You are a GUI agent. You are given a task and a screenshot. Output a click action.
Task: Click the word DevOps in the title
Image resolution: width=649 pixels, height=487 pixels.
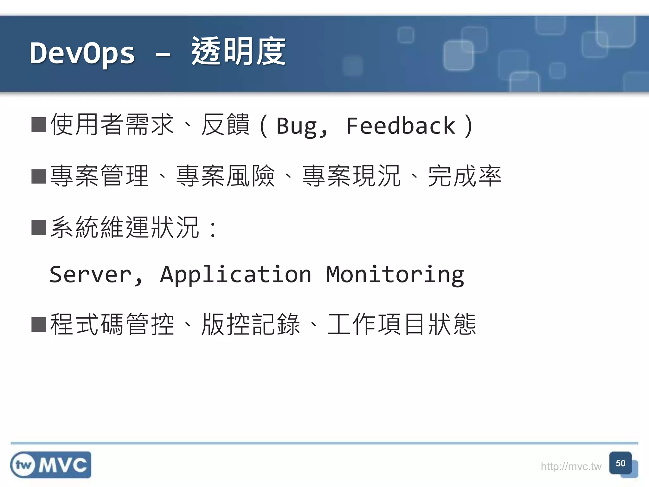[x=82, y=53]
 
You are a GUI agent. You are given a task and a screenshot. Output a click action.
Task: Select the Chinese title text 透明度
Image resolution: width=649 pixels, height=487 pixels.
[x=238, y=51]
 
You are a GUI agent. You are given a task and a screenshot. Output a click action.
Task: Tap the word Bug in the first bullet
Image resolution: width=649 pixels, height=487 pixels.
[x=297, y=126]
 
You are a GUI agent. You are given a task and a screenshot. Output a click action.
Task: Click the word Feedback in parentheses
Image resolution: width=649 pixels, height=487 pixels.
[x=401, y=126]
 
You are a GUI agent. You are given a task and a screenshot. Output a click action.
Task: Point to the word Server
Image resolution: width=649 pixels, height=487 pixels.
[x=90, y=274]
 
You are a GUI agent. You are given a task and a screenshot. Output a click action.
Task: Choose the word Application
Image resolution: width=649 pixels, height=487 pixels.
[x=236, y=275]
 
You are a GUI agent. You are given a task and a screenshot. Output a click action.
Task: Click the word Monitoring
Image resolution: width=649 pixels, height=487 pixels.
[x=395, y=275]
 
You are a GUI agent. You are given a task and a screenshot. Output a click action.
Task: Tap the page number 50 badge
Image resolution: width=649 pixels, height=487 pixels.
[x=620, y=463]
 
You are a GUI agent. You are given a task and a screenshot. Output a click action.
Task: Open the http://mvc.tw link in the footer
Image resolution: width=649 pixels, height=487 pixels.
[x=571, y=466]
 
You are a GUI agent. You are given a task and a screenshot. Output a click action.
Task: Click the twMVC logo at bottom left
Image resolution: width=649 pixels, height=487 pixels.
[x=51, y=465]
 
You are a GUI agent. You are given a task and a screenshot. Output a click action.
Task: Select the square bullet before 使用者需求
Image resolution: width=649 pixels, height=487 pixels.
[x=39, y=125]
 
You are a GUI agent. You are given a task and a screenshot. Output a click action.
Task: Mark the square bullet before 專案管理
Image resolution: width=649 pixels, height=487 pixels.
[x=39, y=176]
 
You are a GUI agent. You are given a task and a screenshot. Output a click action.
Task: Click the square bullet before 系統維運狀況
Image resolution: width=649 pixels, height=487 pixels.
[x=39, y=227]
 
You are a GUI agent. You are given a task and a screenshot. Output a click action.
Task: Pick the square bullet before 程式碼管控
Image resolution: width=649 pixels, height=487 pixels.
[x=39, y=324]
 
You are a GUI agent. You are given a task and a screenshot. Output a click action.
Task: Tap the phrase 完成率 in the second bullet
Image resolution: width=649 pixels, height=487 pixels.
[x=464, y=176]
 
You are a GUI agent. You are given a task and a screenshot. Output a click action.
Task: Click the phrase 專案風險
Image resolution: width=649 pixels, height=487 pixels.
[x=225, y=176]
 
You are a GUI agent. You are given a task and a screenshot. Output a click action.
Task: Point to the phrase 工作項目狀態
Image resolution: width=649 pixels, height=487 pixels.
[x=402, y=324]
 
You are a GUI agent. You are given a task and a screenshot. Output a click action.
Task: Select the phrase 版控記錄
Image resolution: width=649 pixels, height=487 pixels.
[x=251, y=324]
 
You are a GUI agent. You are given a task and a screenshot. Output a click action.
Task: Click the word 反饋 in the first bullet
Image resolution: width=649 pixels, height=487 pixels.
[x=225, y=125]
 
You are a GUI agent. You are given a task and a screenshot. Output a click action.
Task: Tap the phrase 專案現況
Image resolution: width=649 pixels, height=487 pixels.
[x=351, y=176]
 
